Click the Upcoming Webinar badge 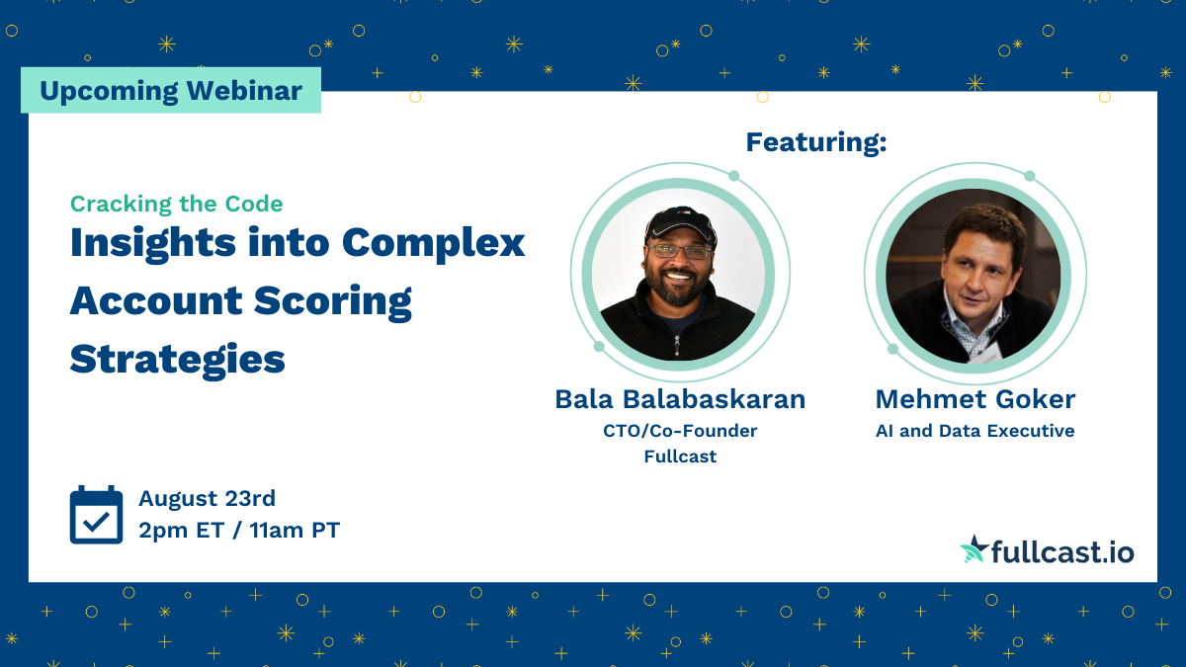171,91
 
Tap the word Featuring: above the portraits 815,142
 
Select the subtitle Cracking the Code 176,204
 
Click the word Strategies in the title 177,359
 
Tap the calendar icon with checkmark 96,515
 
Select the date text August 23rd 207,498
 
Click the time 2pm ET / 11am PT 238,531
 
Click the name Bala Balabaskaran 680,399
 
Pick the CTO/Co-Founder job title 680,431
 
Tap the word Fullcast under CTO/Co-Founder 680,457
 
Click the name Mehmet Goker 974,399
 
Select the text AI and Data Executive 974,431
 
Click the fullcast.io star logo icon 974,549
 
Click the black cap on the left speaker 679,223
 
